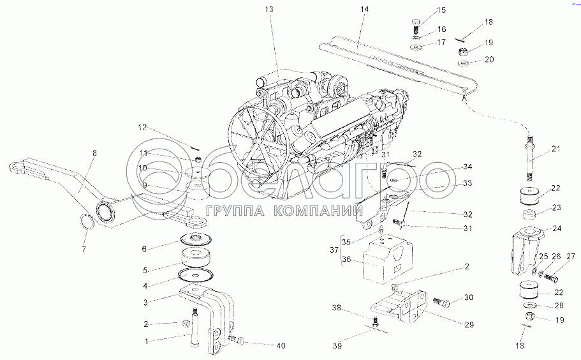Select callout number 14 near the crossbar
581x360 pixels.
click(x=364, y=9)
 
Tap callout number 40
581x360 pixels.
click(x=281, y=346)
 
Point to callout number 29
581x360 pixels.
click(x=469, y=325)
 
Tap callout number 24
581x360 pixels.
click(x=557, y=229)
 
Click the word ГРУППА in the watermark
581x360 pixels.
click(x=229, y=211)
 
